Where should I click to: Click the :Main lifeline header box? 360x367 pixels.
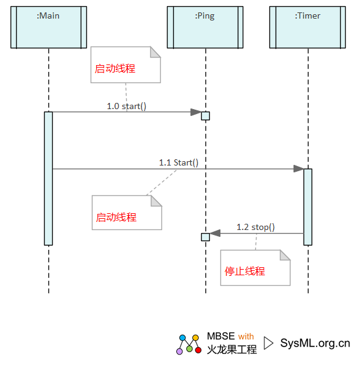click(48, 27)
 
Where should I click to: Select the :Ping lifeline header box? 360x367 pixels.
click(205, 27)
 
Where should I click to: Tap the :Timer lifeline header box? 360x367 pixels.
click(307, 27)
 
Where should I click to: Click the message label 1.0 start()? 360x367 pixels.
click(127, 106)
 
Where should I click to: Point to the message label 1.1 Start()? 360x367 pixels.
click(179, 162)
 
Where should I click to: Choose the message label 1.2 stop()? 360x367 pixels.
click(256, 227)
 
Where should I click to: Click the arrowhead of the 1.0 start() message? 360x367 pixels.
click(196, 112)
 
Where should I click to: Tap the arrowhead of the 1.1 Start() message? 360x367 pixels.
click(299, 169)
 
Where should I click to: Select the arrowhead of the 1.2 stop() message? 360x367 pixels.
click(215, 233)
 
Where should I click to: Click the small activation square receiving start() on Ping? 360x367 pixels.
click(205, 116)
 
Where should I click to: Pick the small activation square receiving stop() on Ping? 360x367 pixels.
click(205, 237)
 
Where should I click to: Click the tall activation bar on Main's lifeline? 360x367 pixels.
click(48, 179)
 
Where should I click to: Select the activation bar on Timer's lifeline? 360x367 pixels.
click(308, 207)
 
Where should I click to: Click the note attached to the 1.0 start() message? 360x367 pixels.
click(125, 64)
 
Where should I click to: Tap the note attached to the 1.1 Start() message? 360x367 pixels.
click(127, 213)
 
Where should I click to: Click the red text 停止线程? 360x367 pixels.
click(245, 272)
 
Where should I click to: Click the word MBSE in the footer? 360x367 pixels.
click(221, 336)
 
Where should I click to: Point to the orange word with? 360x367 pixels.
click(246, 337)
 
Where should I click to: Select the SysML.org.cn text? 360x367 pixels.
click(315, 343)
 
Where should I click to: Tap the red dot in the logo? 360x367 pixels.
click(198, 350)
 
